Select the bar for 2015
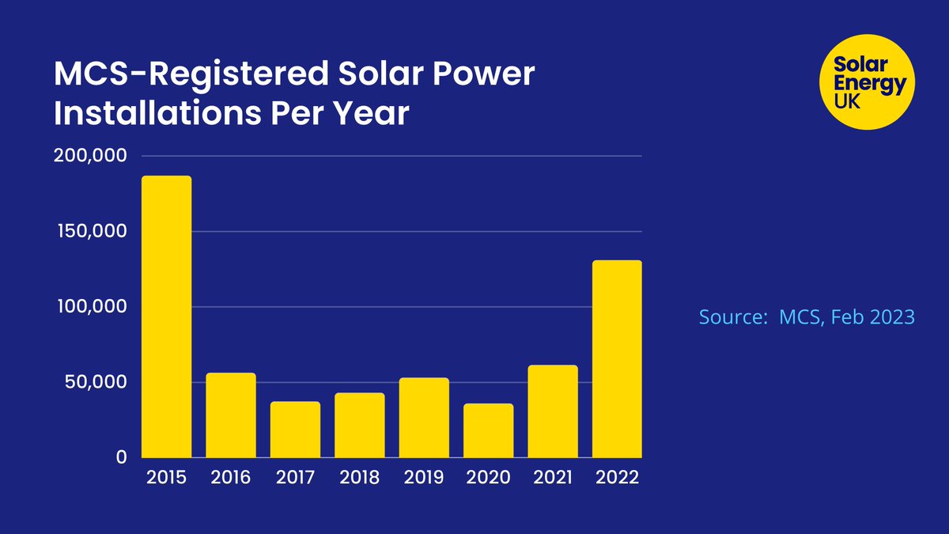166,316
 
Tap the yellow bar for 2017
295,430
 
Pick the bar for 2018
359,426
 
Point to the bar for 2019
424,418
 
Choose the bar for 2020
488,430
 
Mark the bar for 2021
553,411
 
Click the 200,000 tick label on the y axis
90,156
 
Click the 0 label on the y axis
121,457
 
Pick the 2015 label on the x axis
166,478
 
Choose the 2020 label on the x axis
488,478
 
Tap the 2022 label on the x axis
617,478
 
